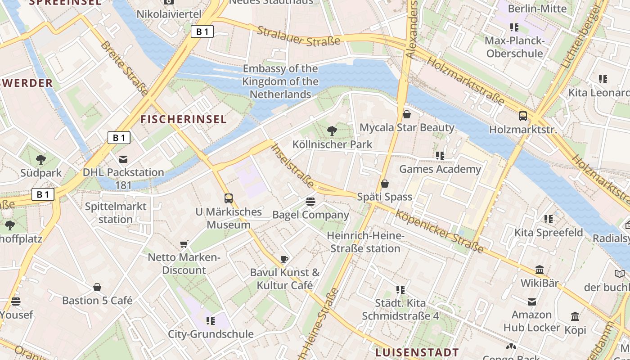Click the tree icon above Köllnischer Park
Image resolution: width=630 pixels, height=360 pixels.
point(332,131)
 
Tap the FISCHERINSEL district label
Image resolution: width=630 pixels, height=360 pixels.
point(184,119)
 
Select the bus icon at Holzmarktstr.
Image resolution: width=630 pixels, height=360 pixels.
point(523,116)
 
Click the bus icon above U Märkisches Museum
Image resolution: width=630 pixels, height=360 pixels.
point(229,198)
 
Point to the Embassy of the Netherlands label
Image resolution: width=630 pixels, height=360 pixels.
point(280,81)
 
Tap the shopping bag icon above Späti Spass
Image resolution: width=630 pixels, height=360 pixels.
point(385,184)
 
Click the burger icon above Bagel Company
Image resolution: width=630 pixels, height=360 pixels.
point(310,202)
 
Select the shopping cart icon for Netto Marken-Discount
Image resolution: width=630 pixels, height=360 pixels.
point(184,244)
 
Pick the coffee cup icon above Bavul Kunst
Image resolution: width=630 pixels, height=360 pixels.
point(284,259)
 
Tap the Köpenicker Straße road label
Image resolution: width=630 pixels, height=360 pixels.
point(439,231)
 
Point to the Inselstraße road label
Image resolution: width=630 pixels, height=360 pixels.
point(293,166)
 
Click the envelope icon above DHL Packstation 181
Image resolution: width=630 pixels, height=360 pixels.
point(123,159)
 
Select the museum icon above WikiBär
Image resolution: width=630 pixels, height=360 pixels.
point(540,270)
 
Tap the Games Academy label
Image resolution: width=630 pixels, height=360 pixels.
point(440,169)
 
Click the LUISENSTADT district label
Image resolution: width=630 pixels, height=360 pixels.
point(417,352)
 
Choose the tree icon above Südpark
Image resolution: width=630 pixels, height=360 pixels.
point(41,159)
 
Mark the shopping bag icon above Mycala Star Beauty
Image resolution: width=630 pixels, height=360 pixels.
point(407,114)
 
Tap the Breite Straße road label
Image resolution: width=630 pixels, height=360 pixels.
point(124,68)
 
